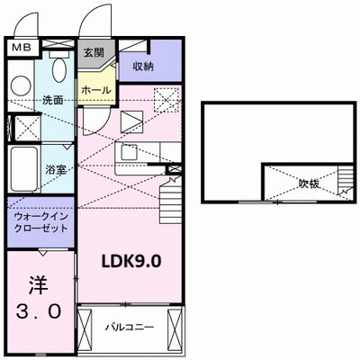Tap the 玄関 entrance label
(x=94, y=53)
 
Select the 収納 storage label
(x=143, y=67)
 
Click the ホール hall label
(x=96, y=90)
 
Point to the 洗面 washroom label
(x=53, y=100)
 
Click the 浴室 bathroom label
(x=56, y=170)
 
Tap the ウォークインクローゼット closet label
(x=41, y=222)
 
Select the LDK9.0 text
(x=131, y=262)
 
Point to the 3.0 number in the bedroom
(x=39, y=311)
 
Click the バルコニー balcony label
(x=130, y=327)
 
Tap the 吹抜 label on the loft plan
(x=309, y=184)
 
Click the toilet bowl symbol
(x=59, y=69)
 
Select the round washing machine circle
(x=21, y=86)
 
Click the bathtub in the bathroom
(x=24, y=170)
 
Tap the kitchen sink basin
(x=129, y=152)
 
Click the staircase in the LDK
(x=170, y=203)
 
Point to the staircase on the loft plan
(x=346, y=179)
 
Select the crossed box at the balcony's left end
(x=85, y=327)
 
